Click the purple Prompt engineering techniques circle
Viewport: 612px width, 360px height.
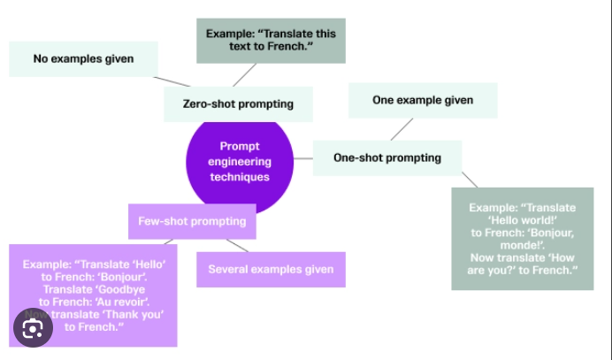[239, 161]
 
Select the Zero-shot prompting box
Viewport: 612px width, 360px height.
[237, 104]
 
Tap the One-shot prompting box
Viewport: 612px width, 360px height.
[386, 158]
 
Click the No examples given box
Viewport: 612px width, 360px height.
[83, 59]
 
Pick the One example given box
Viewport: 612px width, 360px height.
[422, 101]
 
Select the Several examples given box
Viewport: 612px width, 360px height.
[271, 269]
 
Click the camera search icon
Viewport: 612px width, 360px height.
[33, 328]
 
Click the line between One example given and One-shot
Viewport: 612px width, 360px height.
[402, 129]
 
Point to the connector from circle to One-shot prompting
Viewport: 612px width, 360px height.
[302, 159]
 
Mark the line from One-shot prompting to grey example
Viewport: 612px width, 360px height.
[469, 179]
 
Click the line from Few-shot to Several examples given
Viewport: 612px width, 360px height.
[237, 245]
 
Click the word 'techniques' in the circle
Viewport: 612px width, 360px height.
[240, 177]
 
